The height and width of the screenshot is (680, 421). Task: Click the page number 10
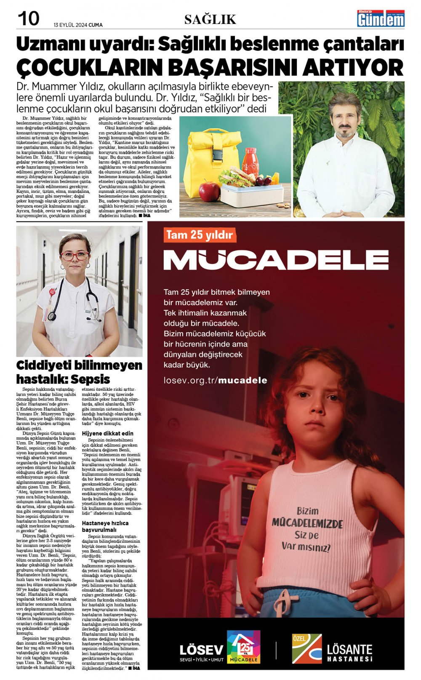[x=28, y=19]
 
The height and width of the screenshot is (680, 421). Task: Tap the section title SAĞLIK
[x=210, y=19]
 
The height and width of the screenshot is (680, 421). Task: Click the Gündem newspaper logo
[x=381, y=19]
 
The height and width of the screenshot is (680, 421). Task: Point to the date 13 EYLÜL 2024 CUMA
[x=78, y=25]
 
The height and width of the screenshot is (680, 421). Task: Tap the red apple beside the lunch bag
[x=209, y=191]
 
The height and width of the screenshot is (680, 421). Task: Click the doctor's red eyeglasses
[x=75, y=256]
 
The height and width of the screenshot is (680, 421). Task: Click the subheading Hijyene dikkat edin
[x=108, y=433]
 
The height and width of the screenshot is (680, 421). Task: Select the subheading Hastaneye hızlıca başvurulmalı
[x=105, y=526]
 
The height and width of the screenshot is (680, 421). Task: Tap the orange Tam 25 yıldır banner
[x=200, y=235]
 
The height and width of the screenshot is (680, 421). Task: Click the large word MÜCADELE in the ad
[x=276, y=260]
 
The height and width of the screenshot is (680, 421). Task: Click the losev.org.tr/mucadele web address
[x=215, y=380]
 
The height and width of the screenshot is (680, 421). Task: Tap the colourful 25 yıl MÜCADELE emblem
[x=243, y=647]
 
